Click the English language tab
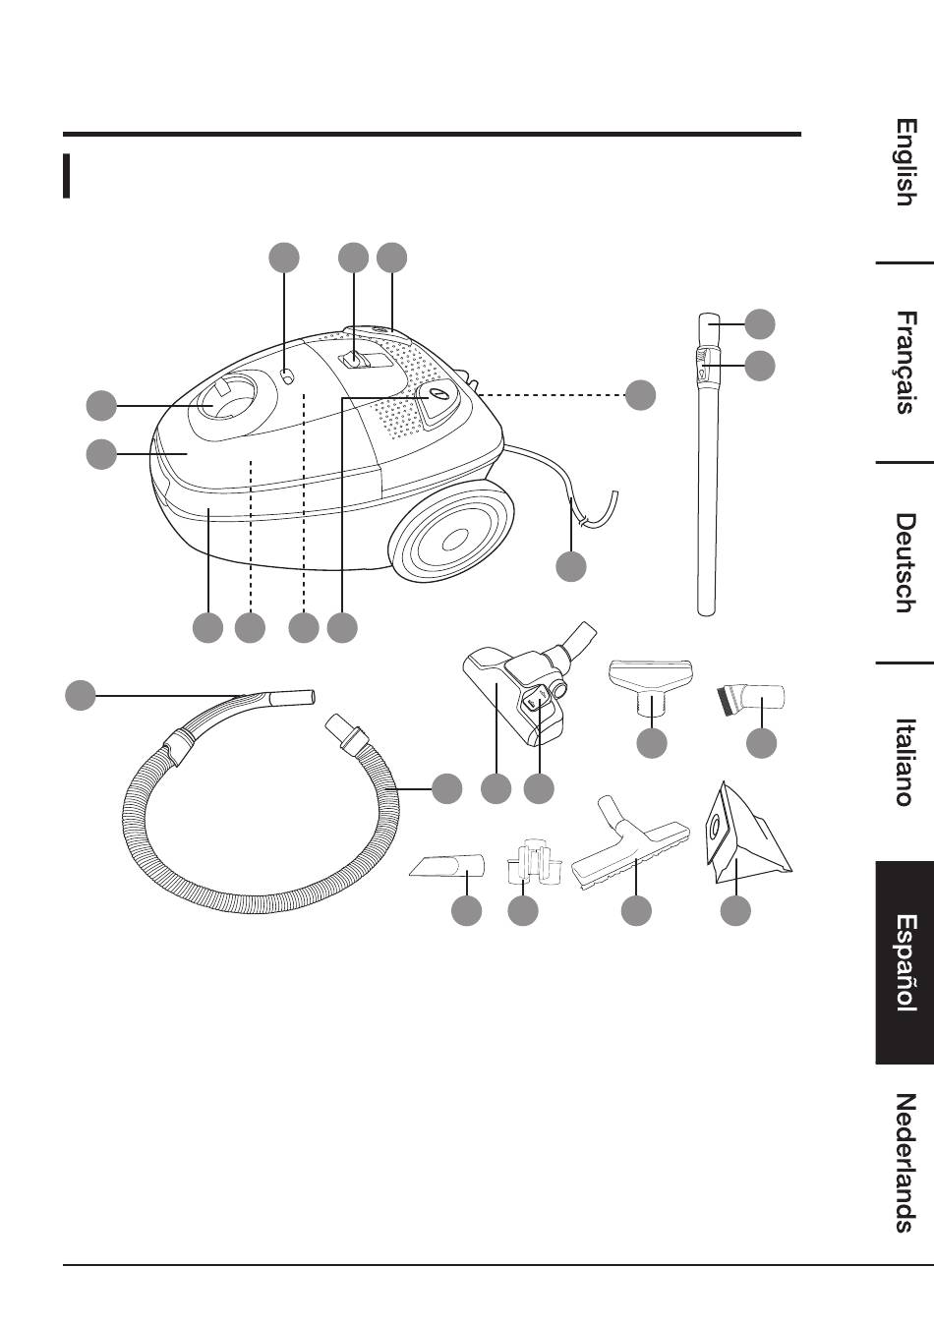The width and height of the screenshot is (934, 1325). click(905, 162)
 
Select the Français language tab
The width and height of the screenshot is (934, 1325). click(905, 363)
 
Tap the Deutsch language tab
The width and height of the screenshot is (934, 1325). click(905, 562)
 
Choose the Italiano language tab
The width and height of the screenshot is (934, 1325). click(905, 762)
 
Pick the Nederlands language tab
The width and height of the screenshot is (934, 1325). click(905, 1162)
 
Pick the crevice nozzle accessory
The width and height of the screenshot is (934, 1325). click(448, 867)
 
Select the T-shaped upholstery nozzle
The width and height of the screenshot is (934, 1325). click(651, 678)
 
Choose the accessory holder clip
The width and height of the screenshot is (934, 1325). click(532, 860)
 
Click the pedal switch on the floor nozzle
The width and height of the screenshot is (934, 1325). click(535, 701)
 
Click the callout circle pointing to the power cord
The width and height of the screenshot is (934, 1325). click(571, 566)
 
